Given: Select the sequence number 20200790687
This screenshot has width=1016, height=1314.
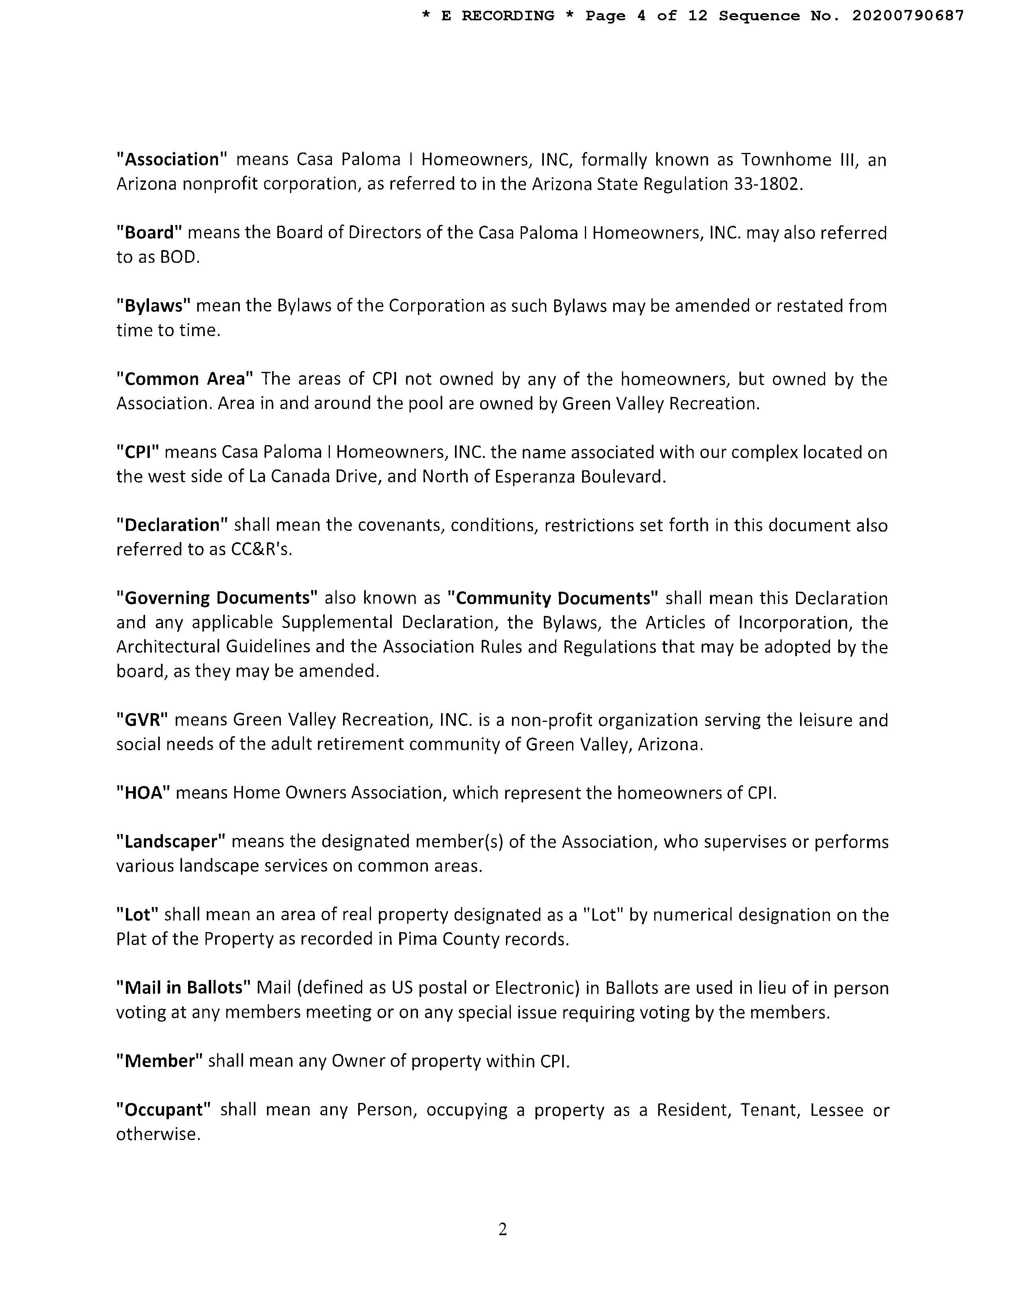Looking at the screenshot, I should click(x=908, y=16).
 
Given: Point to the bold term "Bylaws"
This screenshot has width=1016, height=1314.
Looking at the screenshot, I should click(x=153, y=306).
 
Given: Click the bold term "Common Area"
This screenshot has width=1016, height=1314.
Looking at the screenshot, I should click(x=185, y=379).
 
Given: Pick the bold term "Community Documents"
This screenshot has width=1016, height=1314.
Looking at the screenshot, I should click(x=553, y=598).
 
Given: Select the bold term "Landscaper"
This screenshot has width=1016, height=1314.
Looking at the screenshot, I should click(x=171, y=842).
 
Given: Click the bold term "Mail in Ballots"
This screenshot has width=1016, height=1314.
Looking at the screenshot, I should click(x=184, y=988).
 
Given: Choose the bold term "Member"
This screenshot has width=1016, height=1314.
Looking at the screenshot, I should click(x=159, y=1061).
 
